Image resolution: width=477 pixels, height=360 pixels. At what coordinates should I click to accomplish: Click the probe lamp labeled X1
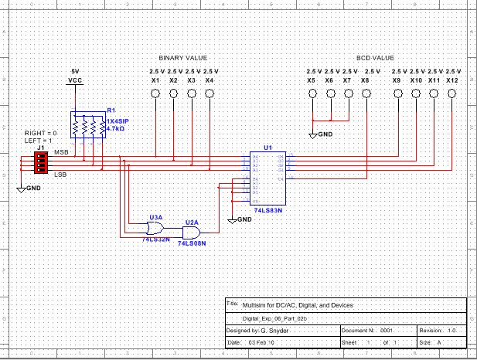tap(155, 93)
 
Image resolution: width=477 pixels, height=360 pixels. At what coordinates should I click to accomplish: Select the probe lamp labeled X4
tap(209, 93)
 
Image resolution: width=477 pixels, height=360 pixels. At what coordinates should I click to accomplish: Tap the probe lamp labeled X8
tap(365, 93)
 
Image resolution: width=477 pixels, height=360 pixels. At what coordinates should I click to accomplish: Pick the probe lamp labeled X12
tap(452, 93)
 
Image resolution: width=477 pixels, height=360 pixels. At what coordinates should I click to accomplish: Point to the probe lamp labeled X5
tap(312, 93)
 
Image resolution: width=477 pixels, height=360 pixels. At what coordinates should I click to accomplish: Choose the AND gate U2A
tap(191, 232)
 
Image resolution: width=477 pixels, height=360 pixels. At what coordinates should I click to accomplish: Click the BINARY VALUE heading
tap(183, 58)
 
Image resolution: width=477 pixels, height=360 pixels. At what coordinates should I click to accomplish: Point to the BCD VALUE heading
tap(375, 58)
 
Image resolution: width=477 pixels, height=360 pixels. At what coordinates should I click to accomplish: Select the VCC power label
tap(75, 80)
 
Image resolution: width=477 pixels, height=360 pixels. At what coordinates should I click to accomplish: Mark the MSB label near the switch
tap(60, 153)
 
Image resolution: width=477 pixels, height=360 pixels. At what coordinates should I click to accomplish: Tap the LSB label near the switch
tap(59, 175)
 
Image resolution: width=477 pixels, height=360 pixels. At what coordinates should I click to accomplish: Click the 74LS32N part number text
tap(155, 239)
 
